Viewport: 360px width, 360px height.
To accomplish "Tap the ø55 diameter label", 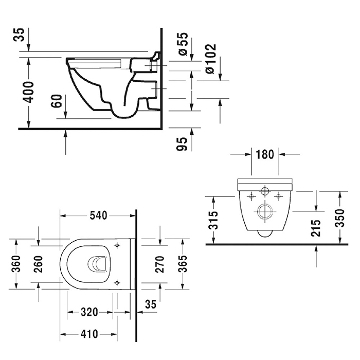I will pos(183,44).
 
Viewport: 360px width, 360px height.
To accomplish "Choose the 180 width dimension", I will pos(265,154).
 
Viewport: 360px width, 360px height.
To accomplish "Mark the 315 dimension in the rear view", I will pos(215,220).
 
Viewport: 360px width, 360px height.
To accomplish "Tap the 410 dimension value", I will pos(89,334).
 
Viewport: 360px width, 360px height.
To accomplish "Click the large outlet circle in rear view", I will pos(264,212).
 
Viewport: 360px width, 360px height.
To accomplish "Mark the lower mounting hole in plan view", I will pos(118,282).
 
